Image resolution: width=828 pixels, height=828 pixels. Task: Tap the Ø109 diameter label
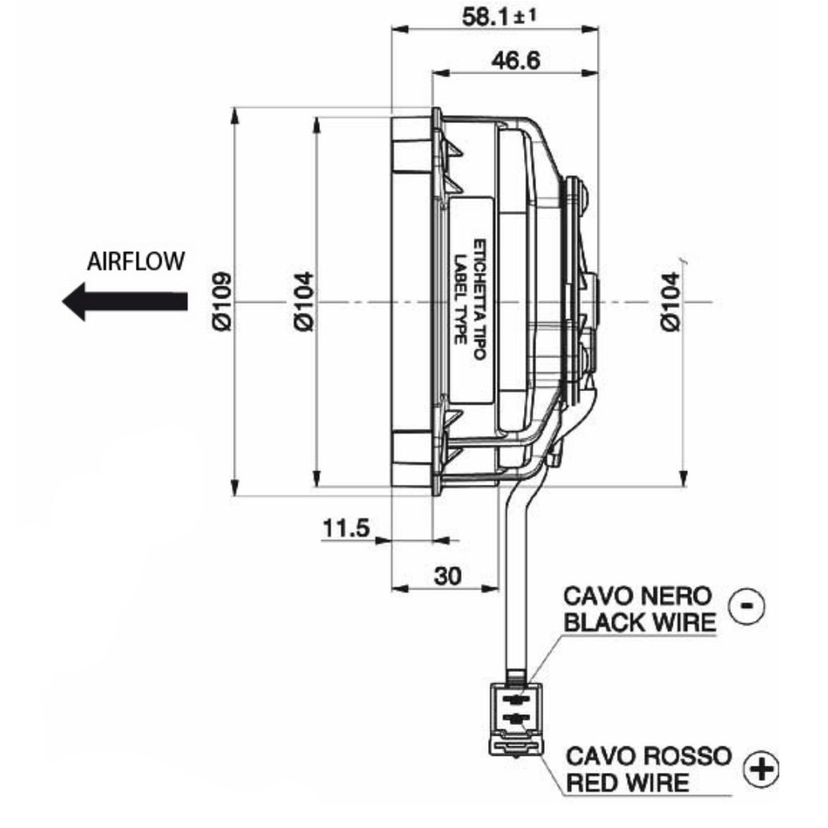tap(222, 300)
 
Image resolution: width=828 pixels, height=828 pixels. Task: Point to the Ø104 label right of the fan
tap(670, 300)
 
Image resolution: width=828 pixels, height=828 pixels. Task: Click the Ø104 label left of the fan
tap(305, 300)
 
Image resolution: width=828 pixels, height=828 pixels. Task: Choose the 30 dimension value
tap(447, 575)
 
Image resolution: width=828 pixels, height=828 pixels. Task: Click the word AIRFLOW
tap(136, 261)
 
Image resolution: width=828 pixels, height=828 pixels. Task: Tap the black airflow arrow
tap(125, 302)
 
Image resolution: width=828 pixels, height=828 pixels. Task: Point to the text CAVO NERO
tap(638, 597)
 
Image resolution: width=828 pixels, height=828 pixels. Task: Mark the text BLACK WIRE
tap(638, 622)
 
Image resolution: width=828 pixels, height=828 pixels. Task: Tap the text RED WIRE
tap(627, 782)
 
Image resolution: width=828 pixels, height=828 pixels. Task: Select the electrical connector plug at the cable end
tap(515, 716)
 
